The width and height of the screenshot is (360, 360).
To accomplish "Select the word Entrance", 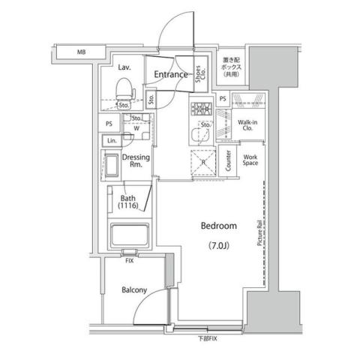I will [171, 75].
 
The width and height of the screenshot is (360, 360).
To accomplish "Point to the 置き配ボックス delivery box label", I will [230, 66].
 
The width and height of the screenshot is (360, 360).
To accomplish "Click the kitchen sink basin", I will [200, 136].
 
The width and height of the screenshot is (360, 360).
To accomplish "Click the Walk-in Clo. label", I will [246, 124].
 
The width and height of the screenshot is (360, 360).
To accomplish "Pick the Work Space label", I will [250, 159].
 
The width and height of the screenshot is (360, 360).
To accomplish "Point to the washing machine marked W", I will [136, 127].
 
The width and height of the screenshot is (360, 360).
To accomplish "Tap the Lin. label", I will [112, 141].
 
